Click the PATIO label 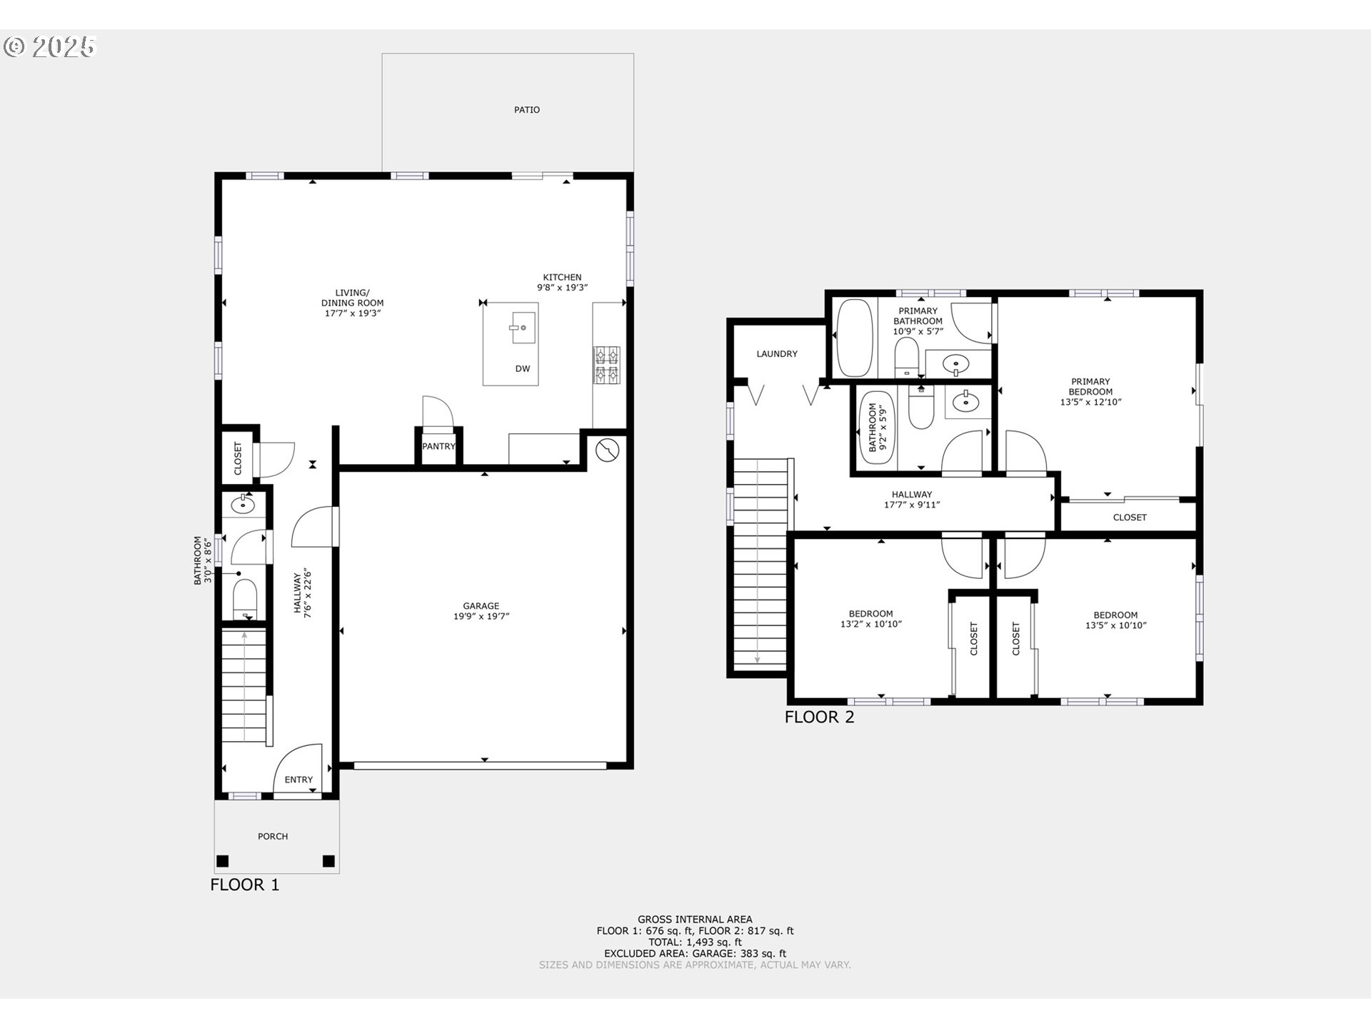(x=527, y=110)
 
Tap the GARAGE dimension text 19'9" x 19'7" (x=481, y=617)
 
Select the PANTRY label (x=438, y=447)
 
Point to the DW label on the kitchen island (x=523, y=369)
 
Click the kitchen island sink (x=523, y=328)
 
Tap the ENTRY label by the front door (x=298, y=780)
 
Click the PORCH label (x=273, y=836)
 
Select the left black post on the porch (x=223, y=860)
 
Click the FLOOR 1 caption (x=245, y=885)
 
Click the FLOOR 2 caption (x=819, y=717)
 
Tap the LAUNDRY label (x=777, y=354)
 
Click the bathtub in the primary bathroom (x=853, y=338)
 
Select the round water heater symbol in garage (x=607, y=450)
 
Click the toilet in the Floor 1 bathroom (x=245, y=598)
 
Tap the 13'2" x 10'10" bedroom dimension (x=871, y=625)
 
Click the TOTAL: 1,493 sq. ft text (x=695, y=942)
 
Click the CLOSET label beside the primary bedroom (x=1129, y=518)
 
